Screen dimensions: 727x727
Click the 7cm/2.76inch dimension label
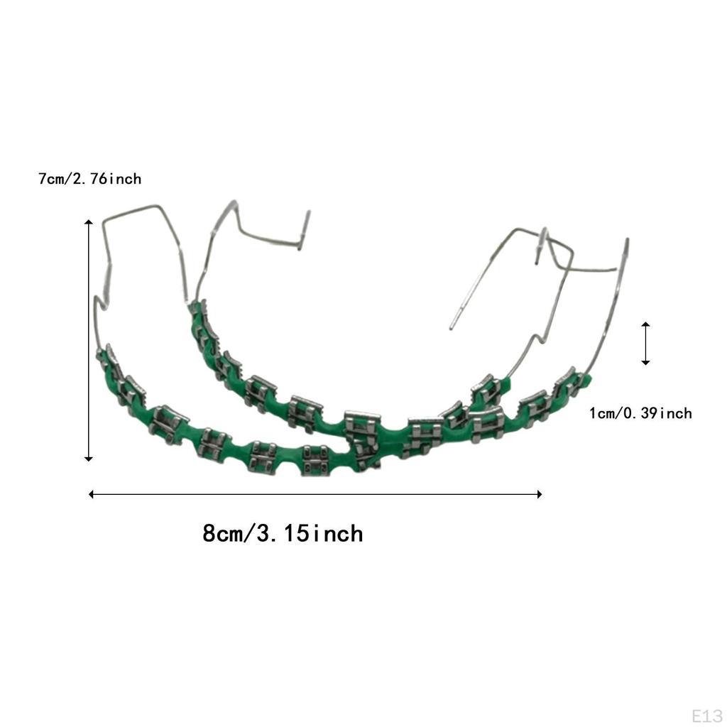pos(90,179)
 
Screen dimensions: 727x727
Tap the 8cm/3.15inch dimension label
pos(283,532)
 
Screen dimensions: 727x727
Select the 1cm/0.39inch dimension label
pos(640,413)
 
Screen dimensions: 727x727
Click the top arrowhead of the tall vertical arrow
pos(89,224)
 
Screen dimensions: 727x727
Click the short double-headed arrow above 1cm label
pos(645,344)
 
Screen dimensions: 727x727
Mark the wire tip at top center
pos(308,212)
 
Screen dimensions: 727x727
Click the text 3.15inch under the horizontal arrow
pos(310,532)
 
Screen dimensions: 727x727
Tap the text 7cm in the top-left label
pos(52,179)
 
